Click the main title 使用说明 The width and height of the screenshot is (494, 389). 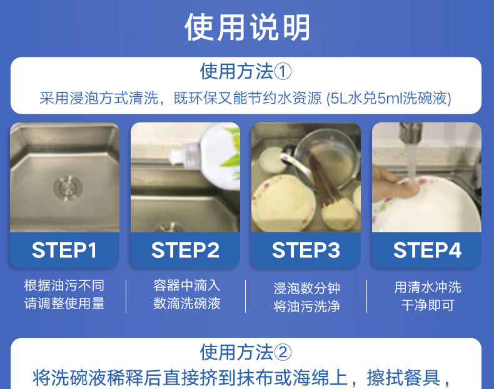point(247,27)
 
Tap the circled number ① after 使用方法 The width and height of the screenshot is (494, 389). point(283,72)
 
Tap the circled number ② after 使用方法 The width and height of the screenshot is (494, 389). point(283,352)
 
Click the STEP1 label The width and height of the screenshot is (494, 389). point(64,250)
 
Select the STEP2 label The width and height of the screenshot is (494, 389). point(185,250)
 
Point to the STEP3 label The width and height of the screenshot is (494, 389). point(306,250)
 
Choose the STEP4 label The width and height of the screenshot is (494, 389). point(427,250)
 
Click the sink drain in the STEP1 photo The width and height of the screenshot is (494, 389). point(68,188)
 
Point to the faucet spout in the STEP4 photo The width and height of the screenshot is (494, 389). point(411,132)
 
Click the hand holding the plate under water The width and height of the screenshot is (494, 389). point(394,184)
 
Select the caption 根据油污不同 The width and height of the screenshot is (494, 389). point(64,285)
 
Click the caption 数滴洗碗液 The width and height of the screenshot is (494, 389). point(187,303)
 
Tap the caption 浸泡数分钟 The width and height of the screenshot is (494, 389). point(306,288)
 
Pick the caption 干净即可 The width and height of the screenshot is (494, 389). point(428,305)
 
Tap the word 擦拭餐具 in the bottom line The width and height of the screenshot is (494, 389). point(403,378)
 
